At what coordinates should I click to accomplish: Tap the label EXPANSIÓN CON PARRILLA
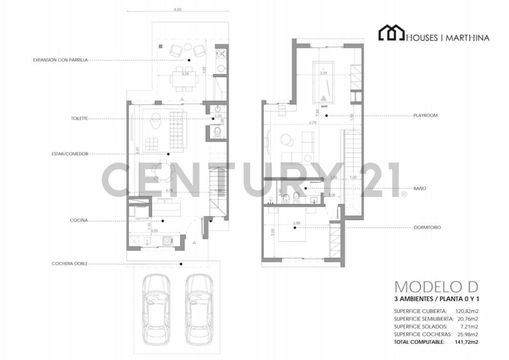click(x=60, y=60)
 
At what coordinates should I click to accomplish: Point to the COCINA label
click(x=79, y=220)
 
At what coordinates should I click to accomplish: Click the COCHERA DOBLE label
click(x=70, y=264)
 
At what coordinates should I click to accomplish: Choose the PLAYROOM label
click(x=425, y=115)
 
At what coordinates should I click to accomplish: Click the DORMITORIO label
click(x=427, y=228)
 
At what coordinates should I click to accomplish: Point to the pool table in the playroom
click(x=324, y=82)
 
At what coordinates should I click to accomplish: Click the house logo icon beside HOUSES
click(x=392, y=33)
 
